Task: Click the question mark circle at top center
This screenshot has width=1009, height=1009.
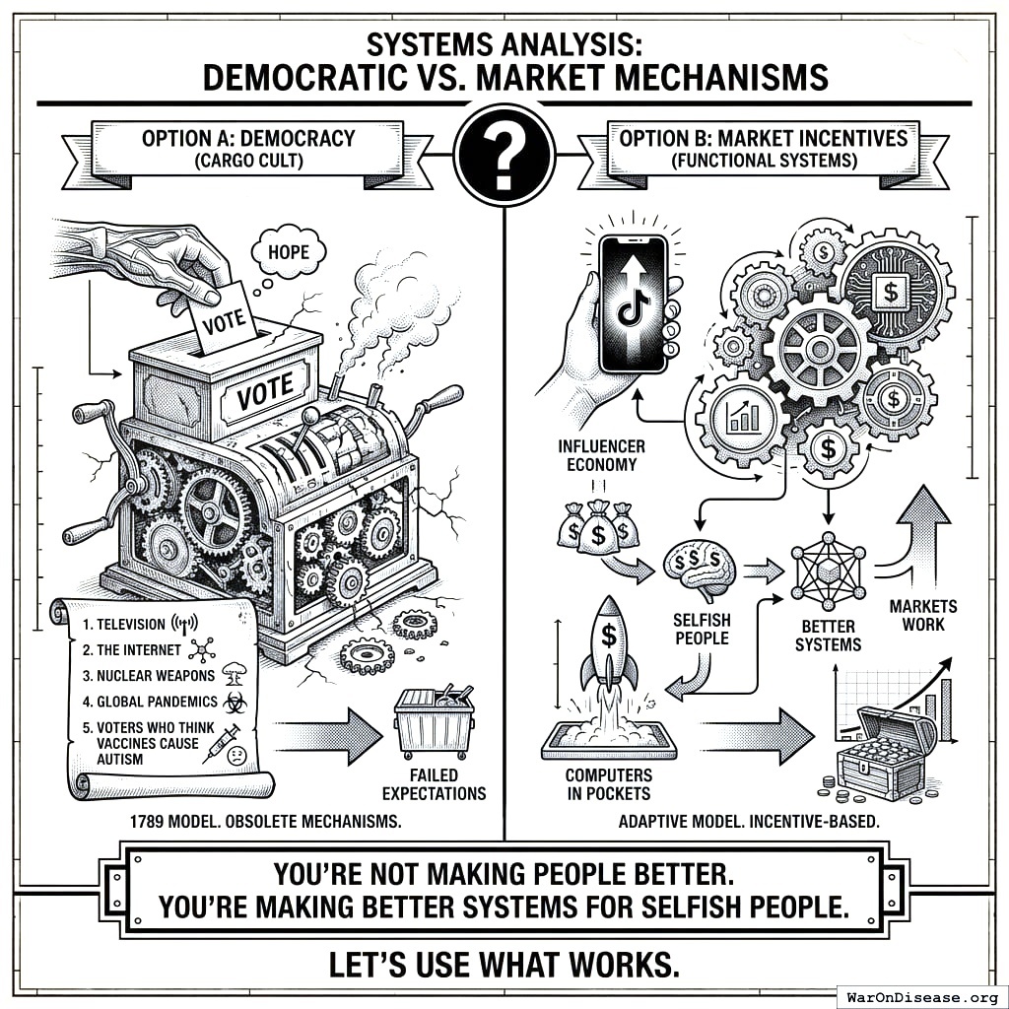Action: click(x=504, y=154)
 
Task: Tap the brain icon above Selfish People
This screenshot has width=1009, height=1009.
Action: click(x=699, y=570)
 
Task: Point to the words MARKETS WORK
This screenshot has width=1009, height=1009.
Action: click(x=922, y=615)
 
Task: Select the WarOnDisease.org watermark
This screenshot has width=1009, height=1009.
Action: click(x=920, y=995)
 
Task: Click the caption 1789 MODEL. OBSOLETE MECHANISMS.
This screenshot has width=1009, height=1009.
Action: click(x=265, y=820)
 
